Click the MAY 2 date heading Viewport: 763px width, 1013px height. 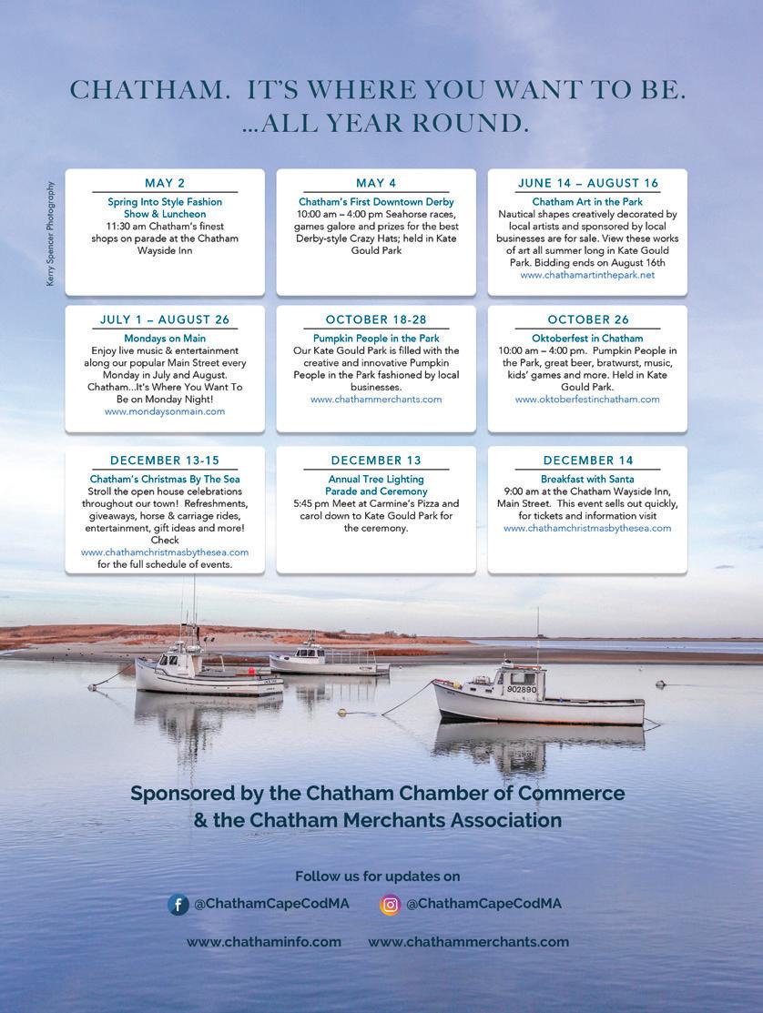(x=165, y=183)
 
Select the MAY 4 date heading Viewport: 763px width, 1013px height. (x=376, y=183)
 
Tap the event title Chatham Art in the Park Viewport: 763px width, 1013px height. (x=587, y=202)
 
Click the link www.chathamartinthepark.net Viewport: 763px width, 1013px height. (x=587, y=275)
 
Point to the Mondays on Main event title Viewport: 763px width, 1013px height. (x=165, y=339)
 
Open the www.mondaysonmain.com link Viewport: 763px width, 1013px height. (x=165, y=411)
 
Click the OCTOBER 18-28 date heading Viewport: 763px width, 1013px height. (x=376, y=319)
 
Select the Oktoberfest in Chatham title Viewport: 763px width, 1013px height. (x=587, y=339)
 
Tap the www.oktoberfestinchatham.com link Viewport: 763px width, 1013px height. (x=587, y=400)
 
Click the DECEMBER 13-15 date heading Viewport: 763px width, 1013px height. (x=165, y=461)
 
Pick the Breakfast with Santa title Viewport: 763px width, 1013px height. (x=587, y=479)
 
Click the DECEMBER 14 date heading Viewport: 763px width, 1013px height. (x=587, y=461)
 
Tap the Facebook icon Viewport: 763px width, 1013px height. (x=178, y=905)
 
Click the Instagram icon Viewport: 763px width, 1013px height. (x=391, y=905)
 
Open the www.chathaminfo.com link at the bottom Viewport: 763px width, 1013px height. (x=264, y=942)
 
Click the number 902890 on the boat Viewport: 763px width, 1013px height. (x=522, y=690)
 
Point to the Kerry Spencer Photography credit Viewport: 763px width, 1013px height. (x=51, y=234)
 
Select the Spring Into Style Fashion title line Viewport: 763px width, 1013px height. (x=165, y=202)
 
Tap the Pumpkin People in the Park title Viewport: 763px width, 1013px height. (x=376, y=339)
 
